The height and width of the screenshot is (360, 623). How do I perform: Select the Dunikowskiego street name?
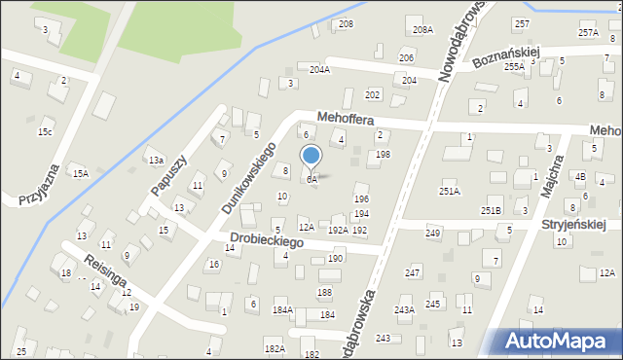click(x=249, y=178)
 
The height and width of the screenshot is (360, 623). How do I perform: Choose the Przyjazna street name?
click(x=39, y=185)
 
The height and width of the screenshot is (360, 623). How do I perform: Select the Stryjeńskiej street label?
click(x=573, y=225)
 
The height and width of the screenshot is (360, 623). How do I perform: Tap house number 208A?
click(x=422, y=30)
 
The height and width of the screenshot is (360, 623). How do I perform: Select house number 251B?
click(x=491, y=210)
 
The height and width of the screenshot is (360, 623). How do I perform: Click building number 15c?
click(x=45, y=131)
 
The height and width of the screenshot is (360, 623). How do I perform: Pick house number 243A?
click(x=404, y=309)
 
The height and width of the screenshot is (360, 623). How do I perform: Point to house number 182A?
click(x=275, y=347)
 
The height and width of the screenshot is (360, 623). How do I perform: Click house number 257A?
click(x=588, y=32)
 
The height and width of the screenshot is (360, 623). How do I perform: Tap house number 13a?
click(x=155, y=160)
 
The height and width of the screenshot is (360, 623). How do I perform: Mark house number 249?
click(x=433, y=234)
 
